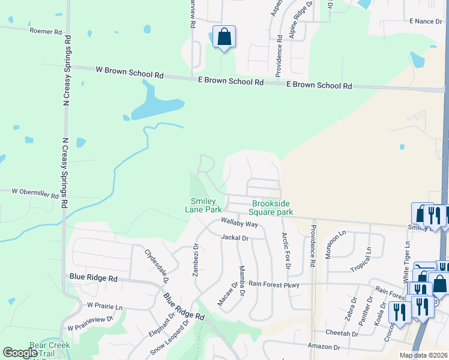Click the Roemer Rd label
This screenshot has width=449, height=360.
tap(45, 31)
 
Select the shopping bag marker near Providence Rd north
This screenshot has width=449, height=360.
tap(224, 37)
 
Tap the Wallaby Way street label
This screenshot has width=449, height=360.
tap(239, 224)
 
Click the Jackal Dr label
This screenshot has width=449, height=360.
tap(234, 238)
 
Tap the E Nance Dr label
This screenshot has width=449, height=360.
tap(425, 21)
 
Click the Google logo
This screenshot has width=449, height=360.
tap(20, 353)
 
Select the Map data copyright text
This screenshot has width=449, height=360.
tap(424, 355)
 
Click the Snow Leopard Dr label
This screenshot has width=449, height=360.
tap(169, 338)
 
